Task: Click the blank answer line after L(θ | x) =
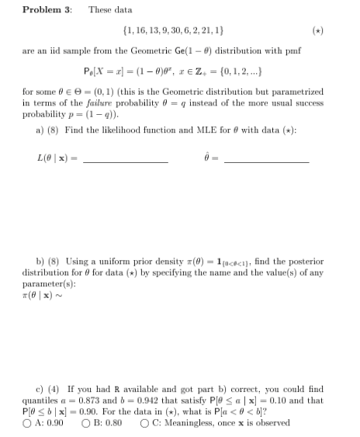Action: (x=126, y=161)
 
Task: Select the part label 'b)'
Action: (x=40, y=262)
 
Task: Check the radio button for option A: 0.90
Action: (x=26, y=422)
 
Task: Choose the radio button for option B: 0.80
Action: (x=84, y=422)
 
